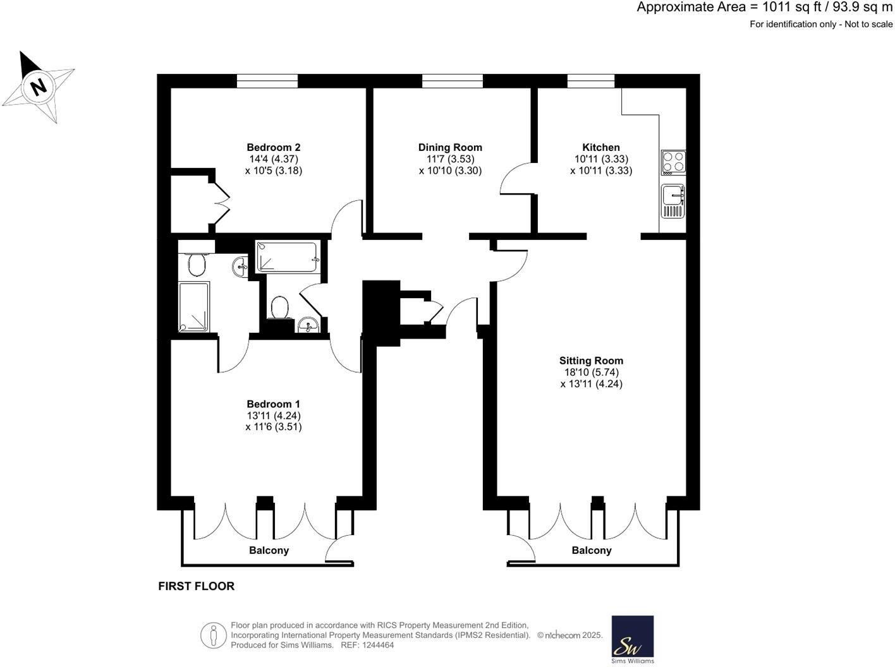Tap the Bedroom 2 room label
[273, 147]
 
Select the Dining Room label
[450, 147]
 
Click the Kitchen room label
[600, 147]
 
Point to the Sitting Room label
[591, 361]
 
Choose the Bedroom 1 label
[273, 404]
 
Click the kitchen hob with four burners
[673, 162]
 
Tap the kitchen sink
[673, 200]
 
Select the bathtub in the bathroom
[287, 258]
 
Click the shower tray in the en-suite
[194, 307]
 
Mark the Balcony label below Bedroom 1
[269, 550]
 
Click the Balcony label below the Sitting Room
[591, 550]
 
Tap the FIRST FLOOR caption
[196, 586]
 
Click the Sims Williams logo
[633, 639]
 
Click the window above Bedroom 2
[267, 81]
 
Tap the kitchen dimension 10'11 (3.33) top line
[600, 159]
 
